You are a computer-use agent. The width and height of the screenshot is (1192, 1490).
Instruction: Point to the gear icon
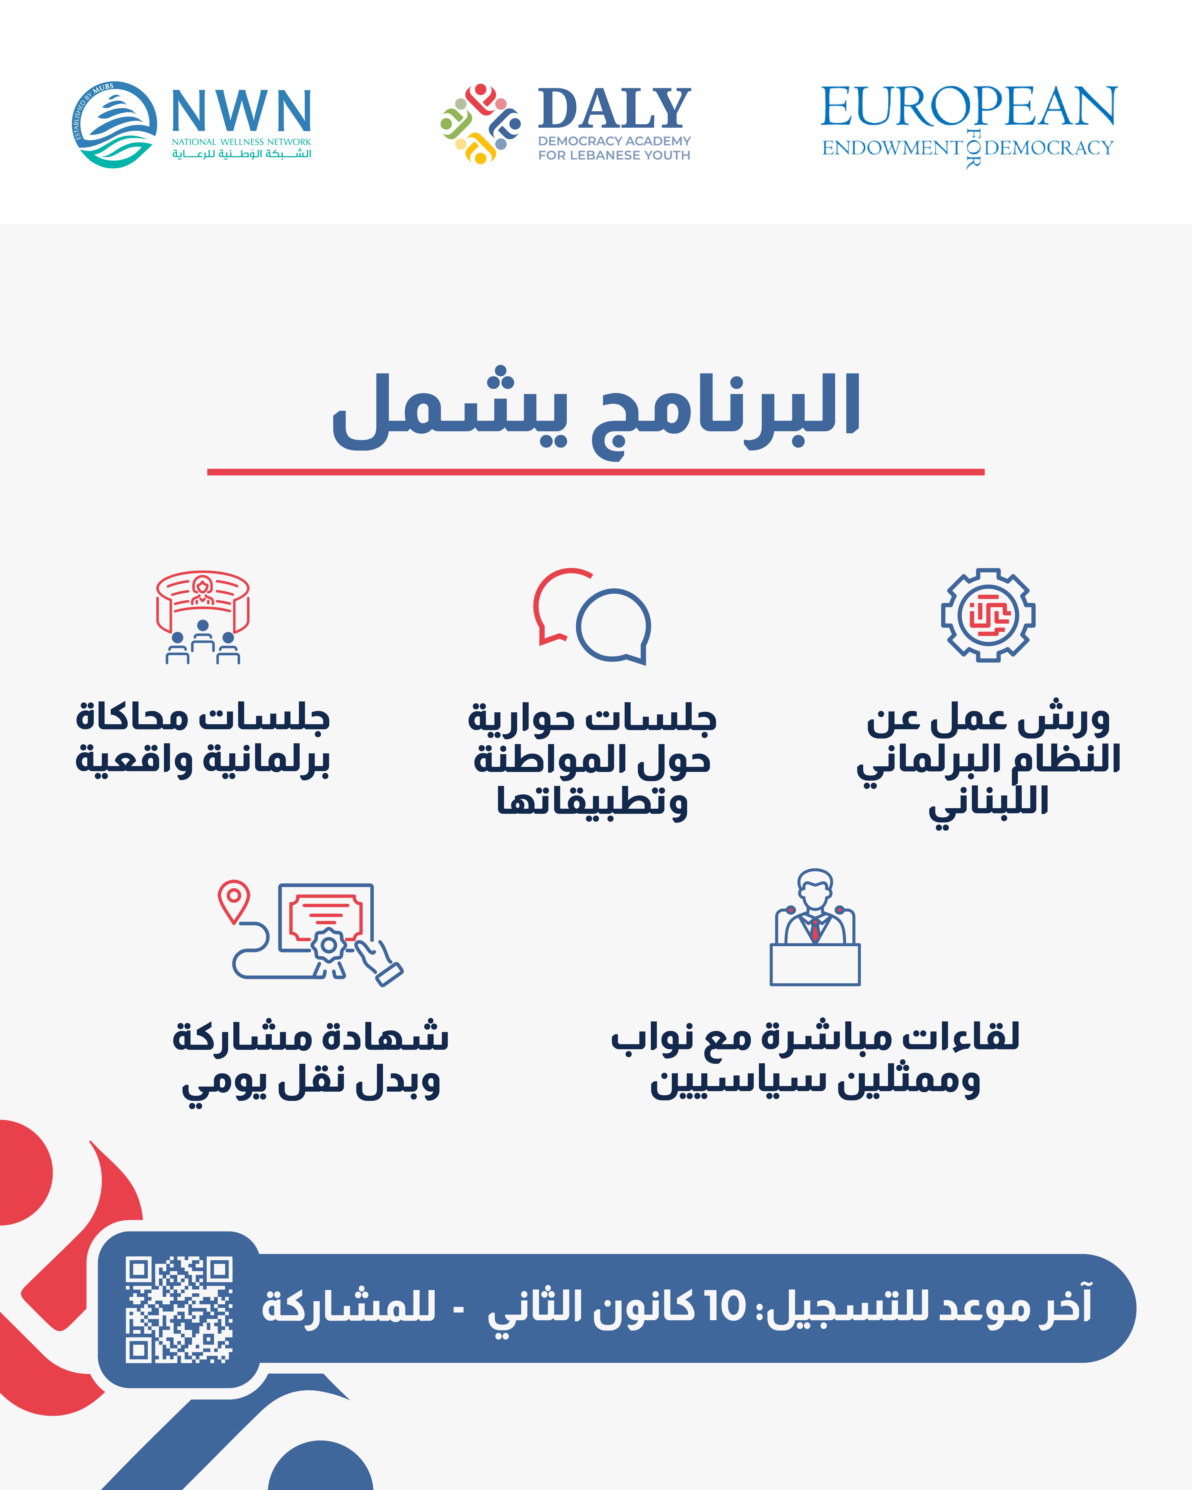click(988, 615)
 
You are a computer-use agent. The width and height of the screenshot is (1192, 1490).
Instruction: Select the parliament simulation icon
click(202, 617)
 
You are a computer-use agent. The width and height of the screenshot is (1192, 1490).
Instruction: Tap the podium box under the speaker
click(815, 964)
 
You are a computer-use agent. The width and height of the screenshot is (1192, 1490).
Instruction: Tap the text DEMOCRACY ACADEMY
click(614, 141)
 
